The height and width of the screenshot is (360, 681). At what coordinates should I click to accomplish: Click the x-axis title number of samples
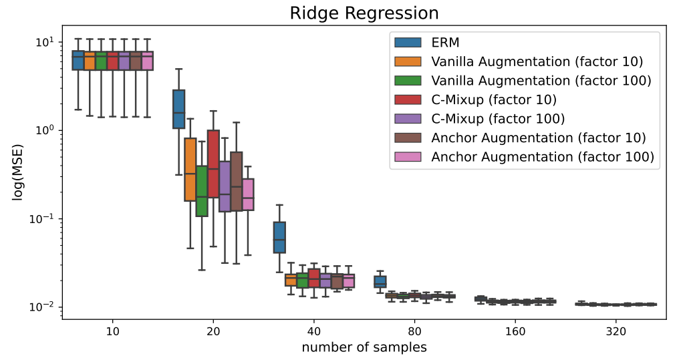[364, 347]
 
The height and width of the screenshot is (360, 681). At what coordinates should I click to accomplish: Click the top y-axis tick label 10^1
[45, 41]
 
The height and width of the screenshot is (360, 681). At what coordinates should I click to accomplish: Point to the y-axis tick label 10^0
[45, 130]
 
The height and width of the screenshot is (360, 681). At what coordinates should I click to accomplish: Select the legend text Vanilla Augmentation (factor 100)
[541, 81]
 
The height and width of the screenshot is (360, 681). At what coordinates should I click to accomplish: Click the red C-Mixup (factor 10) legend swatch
[408, 100]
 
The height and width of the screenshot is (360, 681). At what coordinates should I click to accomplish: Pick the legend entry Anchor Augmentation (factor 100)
[542, 158]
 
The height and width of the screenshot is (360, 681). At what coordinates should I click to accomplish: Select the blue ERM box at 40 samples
[279, 237]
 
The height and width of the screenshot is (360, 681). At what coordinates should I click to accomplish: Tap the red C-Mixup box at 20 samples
[213, 164]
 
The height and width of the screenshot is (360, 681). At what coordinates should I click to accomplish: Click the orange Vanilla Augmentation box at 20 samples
[190, 169]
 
